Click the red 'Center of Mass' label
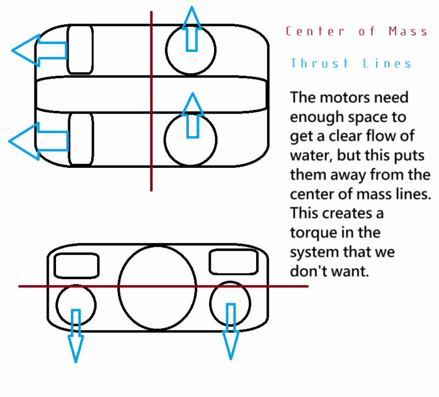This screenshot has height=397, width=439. click(x=356, y=31)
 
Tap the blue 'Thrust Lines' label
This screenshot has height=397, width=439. click(x=351, y=64)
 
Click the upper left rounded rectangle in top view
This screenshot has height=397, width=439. click(x=80, y=49)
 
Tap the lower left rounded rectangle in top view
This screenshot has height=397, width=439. click(x=81, y=139)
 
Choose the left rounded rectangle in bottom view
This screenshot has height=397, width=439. click(x=77, y=265)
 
